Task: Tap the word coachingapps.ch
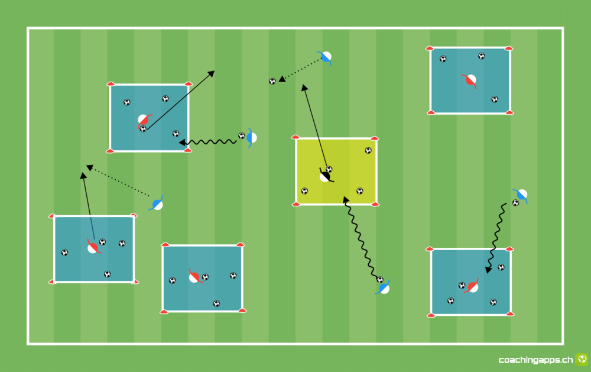click(535, 360)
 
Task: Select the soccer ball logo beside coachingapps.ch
click(582, 359)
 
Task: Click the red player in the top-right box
click(470, 80)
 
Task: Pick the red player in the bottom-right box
click(472, 287)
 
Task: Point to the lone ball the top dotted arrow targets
click(272, 81)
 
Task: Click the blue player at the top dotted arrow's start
click(325, 57)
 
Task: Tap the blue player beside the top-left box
click(251, 138)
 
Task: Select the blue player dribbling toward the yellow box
click(383, 288)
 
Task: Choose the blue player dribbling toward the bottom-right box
click(521, 195)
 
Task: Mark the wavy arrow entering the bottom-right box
click(496, 238)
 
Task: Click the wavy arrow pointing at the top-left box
click(207, 142)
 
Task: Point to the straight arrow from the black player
click(315, 125)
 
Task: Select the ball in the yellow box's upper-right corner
click(368, 151)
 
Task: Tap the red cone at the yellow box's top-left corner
click(295, 137)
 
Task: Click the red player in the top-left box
click(144, 121)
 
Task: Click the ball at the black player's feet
click(329, 169)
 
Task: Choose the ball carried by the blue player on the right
click(515, 203)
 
